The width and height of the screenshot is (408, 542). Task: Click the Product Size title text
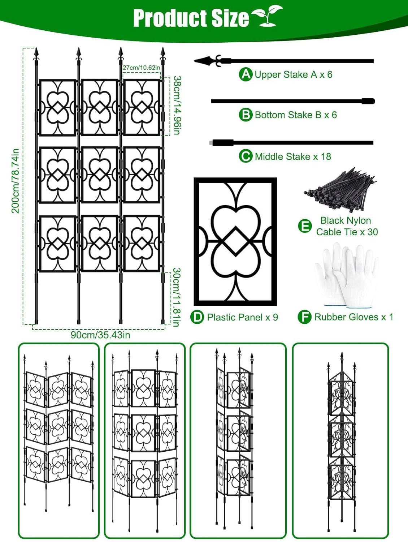(191, 18)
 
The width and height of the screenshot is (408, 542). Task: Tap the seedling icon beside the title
(267, 16)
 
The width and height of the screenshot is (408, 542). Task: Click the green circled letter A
(246, 74)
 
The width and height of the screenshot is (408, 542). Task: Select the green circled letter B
(246, 115)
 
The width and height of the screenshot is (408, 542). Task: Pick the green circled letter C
(246, 156)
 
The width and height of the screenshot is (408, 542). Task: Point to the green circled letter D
(197, 317)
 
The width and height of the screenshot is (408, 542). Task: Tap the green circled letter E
(304, 226)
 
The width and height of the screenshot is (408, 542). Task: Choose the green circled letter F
(304, 317)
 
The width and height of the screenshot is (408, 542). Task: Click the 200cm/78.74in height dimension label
(15, 181)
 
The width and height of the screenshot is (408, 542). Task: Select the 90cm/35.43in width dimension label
(100, 335)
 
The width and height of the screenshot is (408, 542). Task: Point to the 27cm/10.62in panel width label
(141, 68)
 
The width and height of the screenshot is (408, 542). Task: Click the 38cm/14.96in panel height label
(177, 105)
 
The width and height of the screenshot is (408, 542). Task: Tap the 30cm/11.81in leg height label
(176, 297)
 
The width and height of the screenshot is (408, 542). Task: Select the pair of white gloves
(346, 276)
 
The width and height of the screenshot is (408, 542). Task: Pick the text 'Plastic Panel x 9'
(242, 317)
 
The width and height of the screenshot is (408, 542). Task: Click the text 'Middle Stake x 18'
(293, 156)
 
